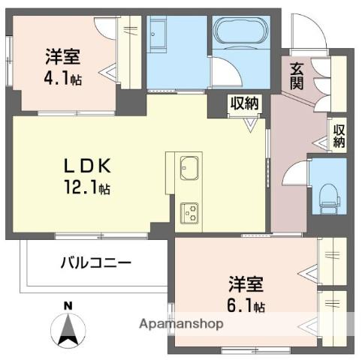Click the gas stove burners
(x=187, y=211)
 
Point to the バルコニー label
(x=96, y=263)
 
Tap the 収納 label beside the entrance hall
(x=339, y=136)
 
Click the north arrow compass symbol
(x=68, y=328)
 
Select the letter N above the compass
(x=68, y=305)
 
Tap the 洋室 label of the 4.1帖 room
(x=63, y=56)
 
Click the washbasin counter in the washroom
(x=160, y=35)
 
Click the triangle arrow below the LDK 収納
(x=249, y=124)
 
